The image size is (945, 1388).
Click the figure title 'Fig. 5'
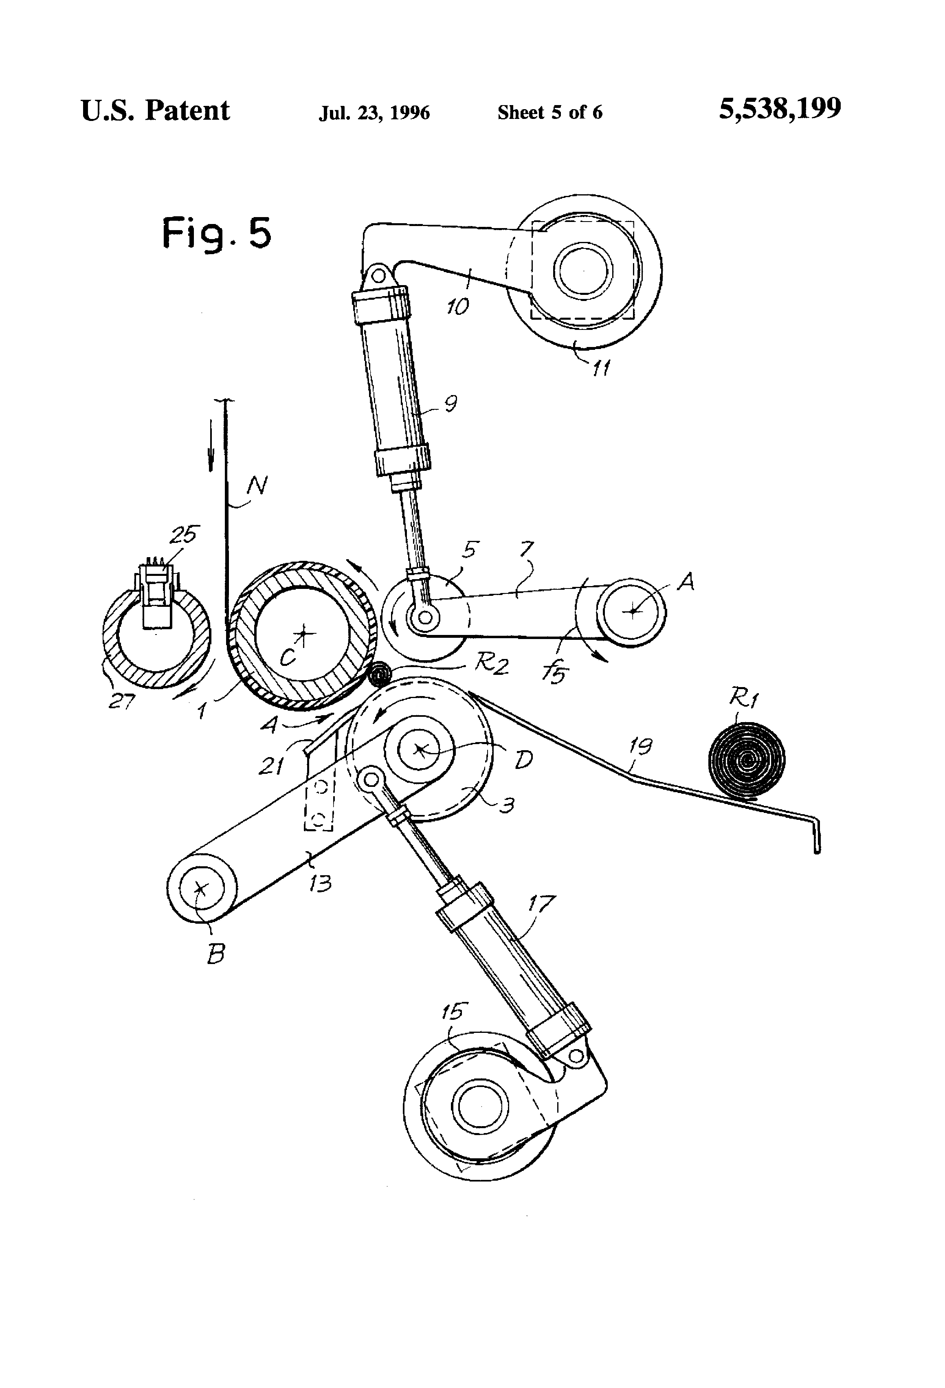(x=217, y=233)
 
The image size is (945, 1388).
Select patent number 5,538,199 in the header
(x=780, y=109)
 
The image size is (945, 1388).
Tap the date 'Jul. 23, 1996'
(x=374, y=113)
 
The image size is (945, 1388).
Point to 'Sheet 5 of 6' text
(x=549, y=112)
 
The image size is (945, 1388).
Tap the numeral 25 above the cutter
(x=183, y=534)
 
